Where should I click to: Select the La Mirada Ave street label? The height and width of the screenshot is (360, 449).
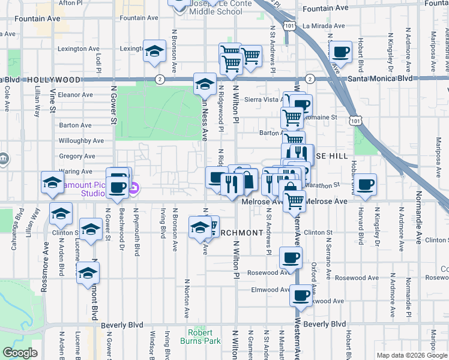point(324,26)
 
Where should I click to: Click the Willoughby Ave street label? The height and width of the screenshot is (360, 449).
point(81,141)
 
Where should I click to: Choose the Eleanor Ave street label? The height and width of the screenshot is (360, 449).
point(75,95)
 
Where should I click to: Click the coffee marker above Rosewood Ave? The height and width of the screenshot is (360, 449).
point(291,258)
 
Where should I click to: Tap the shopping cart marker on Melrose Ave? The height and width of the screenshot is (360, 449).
point(294,201)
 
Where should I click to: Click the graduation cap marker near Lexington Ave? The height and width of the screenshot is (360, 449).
point(154,50)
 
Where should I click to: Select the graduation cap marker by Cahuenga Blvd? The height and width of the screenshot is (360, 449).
point(52,182)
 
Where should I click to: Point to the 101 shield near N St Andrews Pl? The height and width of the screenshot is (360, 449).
point(290,26)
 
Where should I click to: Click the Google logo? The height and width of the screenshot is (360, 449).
point(20,353)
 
